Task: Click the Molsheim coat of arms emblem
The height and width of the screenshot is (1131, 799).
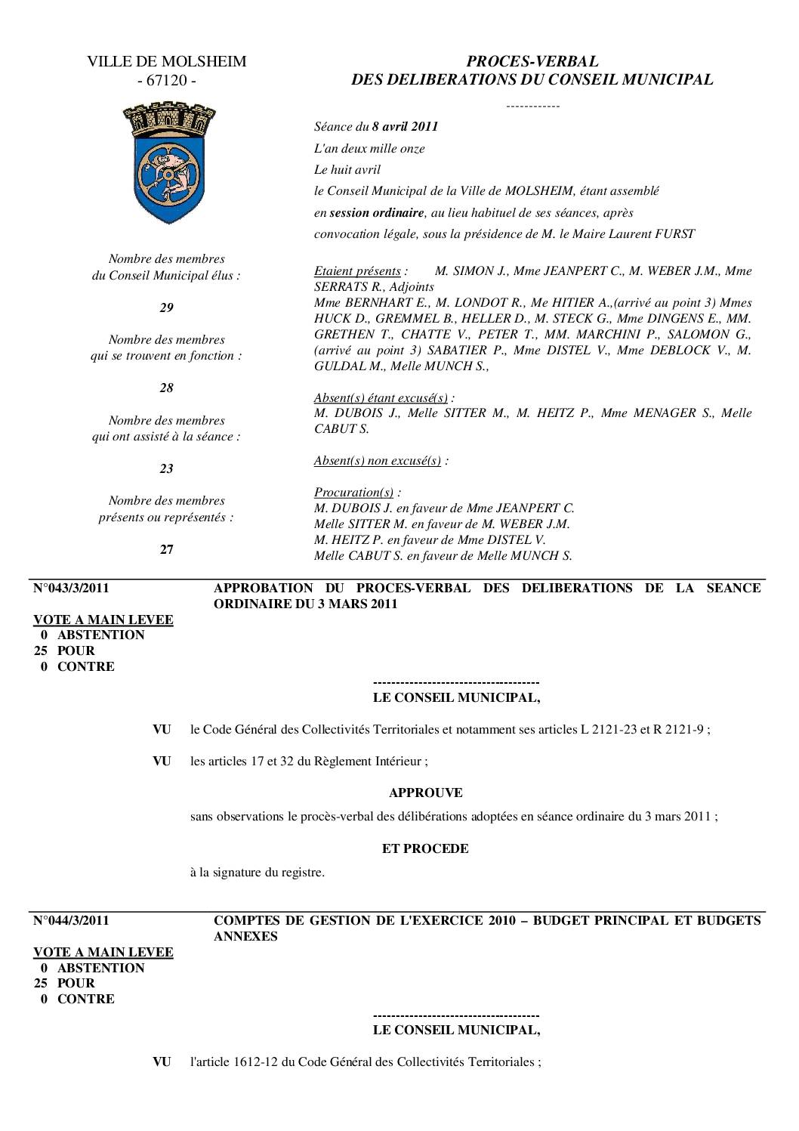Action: pos(168,162)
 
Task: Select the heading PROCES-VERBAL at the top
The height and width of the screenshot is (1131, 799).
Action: pos(532,61)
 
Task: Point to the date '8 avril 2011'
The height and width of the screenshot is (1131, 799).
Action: pos(405,126)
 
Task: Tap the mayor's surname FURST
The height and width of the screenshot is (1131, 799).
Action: pos(674,233)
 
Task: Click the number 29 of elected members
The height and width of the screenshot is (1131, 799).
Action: pos(166,307)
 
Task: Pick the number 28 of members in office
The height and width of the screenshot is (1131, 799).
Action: pos(166,388)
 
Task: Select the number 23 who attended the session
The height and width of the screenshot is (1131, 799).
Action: pos(166,468)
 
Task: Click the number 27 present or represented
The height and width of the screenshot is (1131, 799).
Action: pos(166,549)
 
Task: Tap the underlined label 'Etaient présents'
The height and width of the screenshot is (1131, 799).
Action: pos(357,270)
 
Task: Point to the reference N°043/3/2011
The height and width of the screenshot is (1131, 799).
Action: pos(72,588)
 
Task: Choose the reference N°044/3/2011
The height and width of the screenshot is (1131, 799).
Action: pos(72,920)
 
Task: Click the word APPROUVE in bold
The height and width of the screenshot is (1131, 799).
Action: pos(425,793)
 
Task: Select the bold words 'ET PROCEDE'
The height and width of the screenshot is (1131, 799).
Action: pos(425,848)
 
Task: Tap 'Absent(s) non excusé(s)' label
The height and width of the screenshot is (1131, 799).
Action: pos(378,460)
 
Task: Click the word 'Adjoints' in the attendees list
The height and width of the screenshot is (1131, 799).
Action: pos(412,286)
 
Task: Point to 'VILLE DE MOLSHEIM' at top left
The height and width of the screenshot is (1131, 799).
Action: pos(166,61)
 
